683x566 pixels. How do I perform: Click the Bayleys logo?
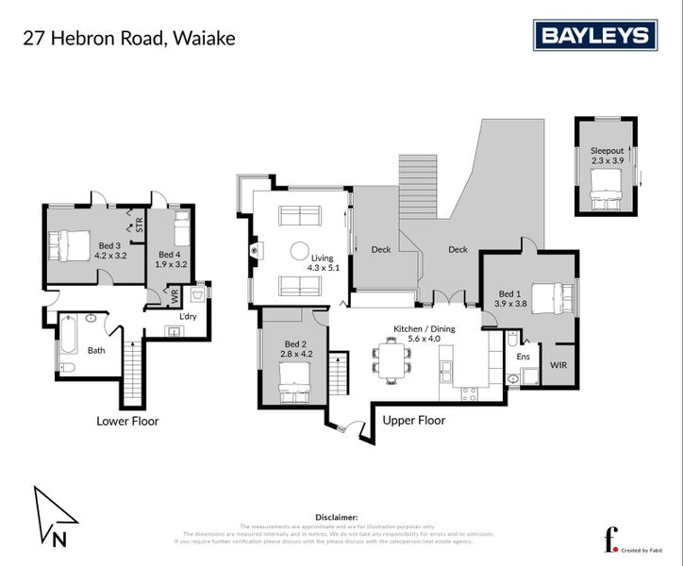pos(594,36)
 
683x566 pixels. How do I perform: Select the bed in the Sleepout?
pos(607,197)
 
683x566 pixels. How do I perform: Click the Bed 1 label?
pos(510,297)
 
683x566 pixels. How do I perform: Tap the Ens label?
pos(524,357)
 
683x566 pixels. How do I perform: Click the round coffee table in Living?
pos(299,252)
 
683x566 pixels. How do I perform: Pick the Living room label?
pos(324,262)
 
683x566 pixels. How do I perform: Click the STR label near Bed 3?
pos(139,225)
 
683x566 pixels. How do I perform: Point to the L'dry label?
pos(188,315)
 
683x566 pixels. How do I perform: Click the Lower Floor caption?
pos(127,421)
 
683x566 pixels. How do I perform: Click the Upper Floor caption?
pos(414,420)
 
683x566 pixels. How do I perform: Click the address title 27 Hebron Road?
pos(128,39)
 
